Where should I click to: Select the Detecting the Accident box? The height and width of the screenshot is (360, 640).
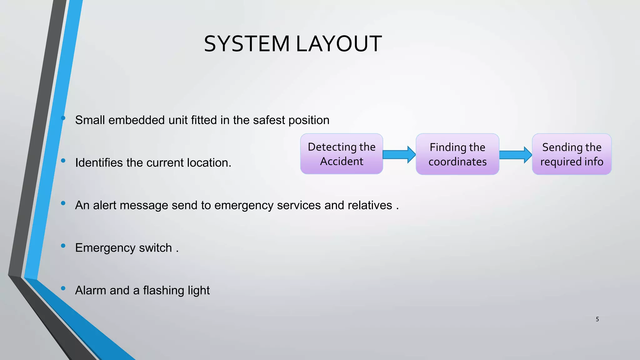(x=342, y=154)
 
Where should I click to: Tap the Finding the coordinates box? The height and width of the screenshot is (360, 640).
(x=457, y=154)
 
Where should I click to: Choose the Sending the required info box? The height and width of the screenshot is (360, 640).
(x=572, y=154)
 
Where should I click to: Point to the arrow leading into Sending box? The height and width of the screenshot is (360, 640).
(x=515, y=155)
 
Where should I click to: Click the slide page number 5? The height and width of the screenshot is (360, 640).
(x=597, y=319)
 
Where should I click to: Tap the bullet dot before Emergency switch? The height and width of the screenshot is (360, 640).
(x=63, y=246)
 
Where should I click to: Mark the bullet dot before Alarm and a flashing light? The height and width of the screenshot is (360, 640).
(x=63, y=288)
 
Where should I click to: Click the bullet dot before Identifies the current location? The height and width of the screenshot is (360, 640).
(x=63, y=161)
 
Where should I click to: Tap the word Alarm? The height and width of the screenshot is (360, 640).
(x=91, y=290)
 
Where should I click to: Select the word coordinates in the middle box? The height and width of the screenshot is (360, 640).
(x=457, y=162)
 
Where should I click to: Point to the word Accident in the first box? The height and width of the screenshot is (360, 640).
(x=342, y=161)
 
